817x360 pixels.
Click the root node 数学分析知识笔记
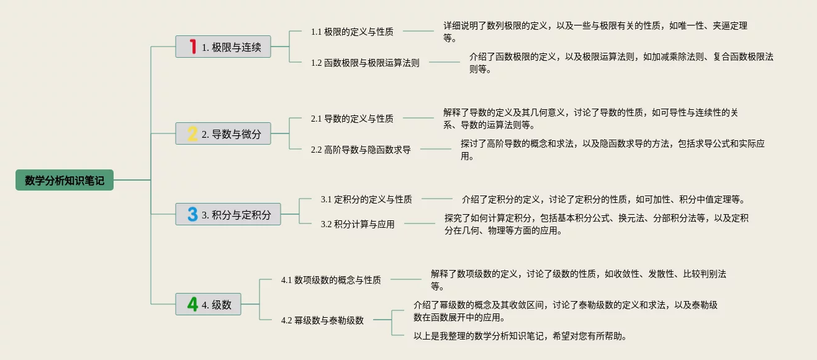coord(65,180)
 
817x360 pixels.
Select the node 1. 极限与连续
coord(223,47)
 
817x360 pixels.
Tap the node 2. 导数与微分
coord(223,133)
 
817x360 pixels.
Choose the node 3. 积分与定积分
coord(228,214)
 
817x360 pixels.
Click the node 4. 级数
coord(209,304)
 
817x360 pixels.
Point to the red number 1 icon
coord(192,47)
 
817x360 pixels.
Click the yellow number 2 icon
coord(192,133)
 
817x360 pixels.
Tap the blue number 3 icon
coord(192,214)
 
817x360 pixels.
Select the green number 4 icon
coord(192,304)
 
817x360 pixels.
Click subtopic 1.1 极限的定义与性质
coord(352,31)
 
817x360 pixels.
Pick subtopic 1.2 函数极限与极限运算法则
coord(365,63)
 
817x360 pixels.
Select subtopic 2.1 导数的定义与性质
coord(352,118)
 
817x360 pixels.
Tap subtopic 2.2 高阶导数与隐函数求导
coord(361,150)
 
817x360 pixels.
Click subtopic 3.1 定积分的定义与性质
coord(366,199)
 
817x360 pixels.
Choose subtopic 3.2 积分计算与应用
coord(358,224)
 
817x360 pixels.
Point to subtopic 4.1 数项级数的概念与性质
coord(331,280)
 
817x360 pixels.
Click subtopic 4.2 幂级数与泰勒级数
coord(322,320)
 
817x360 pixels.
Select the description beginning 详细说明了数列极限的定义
coord(595,32)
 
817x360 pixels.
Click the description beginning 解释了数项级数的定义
coord(578,279)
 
